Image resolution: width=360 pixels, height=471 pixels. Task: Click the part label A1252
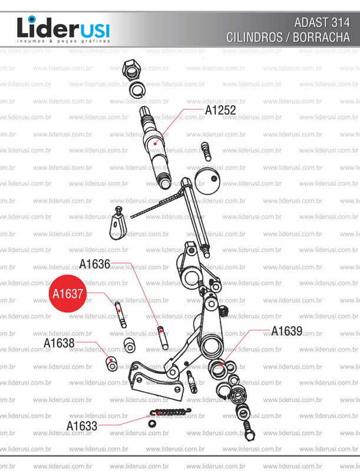pos(220,110)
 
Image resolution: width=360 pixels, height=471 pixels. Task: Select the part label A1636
pos(95,264)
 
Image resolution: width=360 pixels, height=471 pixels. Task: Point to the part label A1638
pos(59,343)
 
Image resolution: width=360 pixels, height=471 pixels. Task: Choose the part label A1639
pos(286,331)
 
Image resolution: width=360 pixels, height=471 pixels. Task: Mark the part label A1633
pos(82,425)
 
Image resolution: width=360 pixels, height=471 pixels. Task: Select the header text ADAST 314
pos(321,23)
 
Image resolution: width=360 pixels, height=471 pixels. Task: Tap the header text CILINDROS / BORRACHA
pos(288,37)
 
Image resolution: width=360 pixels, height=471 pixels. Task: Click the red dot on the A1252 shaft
pos(155,143)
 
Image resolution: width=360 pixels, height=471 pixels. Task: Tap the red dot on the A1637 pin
pos(119,310)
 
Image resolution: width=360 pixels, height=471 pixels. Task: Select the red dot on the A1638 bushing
pos(110,360)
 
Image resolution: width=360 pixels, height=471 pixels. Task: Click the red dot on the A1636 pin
pos(160,329)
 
